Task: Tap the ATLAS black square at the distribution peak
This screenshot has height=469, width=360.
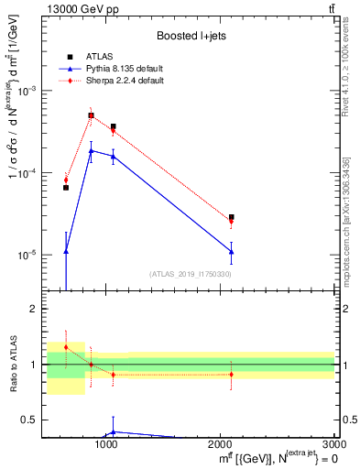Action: pyautogui.click(x=91, y=115)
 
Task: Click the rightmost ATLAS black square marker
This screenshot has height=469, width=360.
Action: pyautogui.click(x=232, y=217)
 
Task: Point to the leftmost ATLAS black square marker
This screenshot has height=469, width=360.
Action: pyautogui.click(x=66, y=188)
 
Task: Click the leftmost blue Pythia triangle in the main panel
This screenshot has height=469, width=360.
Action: pyautogui.click(x=66, y=251)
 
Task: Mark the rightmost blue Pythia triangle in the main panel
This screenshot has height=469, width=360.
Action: pyautogui.click(x=232, y=251)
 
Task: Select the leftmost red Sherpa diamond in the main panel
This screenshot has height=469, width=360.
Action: pyautogui.click(x=66, y=180)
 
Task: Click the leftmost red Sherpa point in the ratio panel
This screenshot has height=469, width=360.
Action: pyautogui.click(x=66, y=347)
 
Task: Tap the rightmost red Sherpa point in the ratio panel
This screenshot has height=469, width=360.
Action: pyautogui.click(x=232, y=374)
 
